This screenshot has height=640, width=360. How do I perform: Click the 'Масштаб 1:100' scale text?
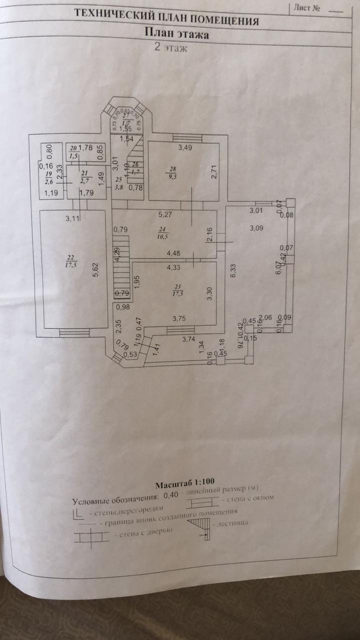[178, 485]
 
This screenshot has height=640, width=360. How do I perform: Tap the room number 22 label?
[68, 257]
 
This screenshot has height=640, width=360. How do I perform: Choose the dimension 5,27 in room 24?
[165, 216]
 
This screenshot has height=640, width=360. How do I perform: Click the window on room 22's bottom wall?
[74, 330]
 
